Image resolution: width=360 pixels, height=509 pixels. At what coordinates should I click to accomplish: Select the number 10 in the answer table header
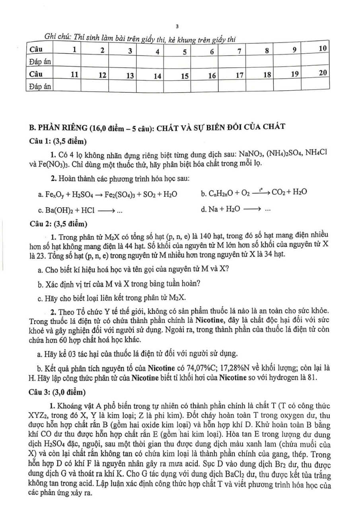(x=323, y=49)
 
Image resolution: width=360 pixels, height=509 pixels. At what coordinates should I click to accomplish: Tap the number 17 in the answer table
(x=239, y=75)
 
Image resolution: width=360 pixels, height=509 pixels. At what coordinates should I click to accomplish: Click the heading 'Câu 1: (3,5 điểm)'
(x=58, y=142)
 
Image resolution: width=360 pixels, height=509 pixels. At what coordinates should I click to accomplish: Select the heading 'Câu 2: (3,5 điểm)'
(x=58, y=223)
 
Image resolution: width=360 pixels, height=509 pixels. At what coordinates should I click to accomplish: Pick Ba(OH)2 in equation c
(x=54, y=210)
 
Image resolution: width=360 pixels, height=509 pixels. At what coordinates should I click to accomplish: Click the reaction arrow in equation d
(x=253, y=210)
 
